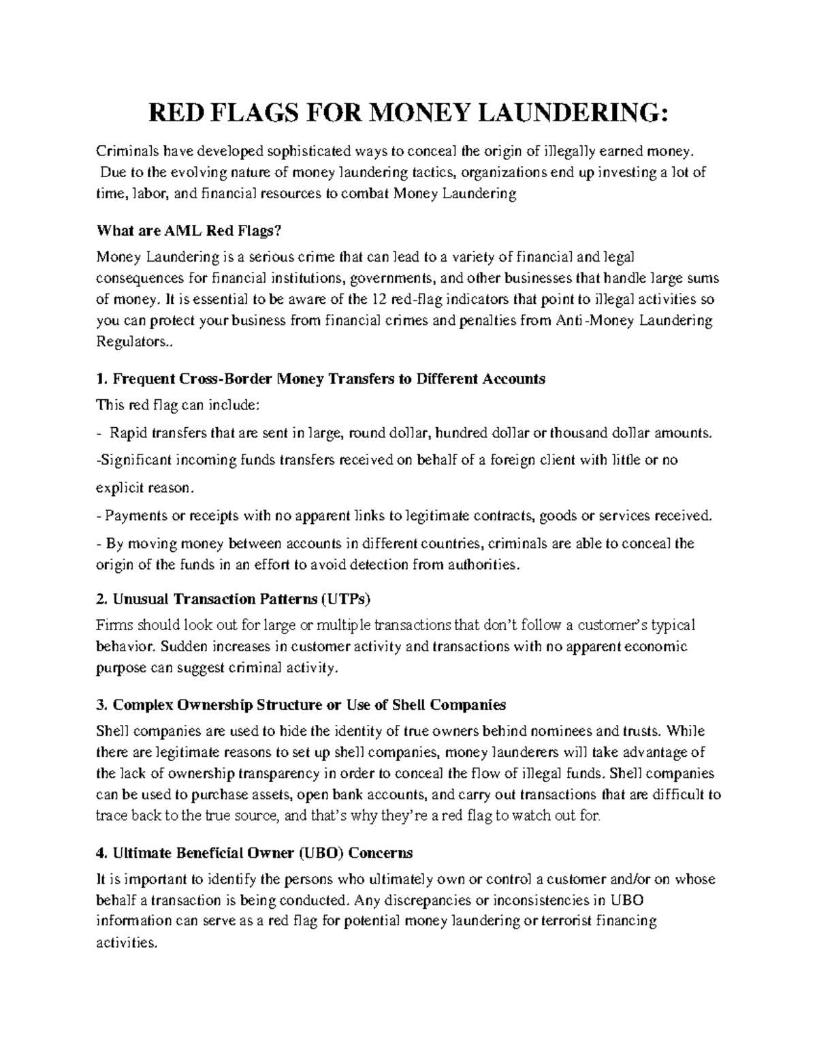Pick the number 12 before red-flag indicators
380,299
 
